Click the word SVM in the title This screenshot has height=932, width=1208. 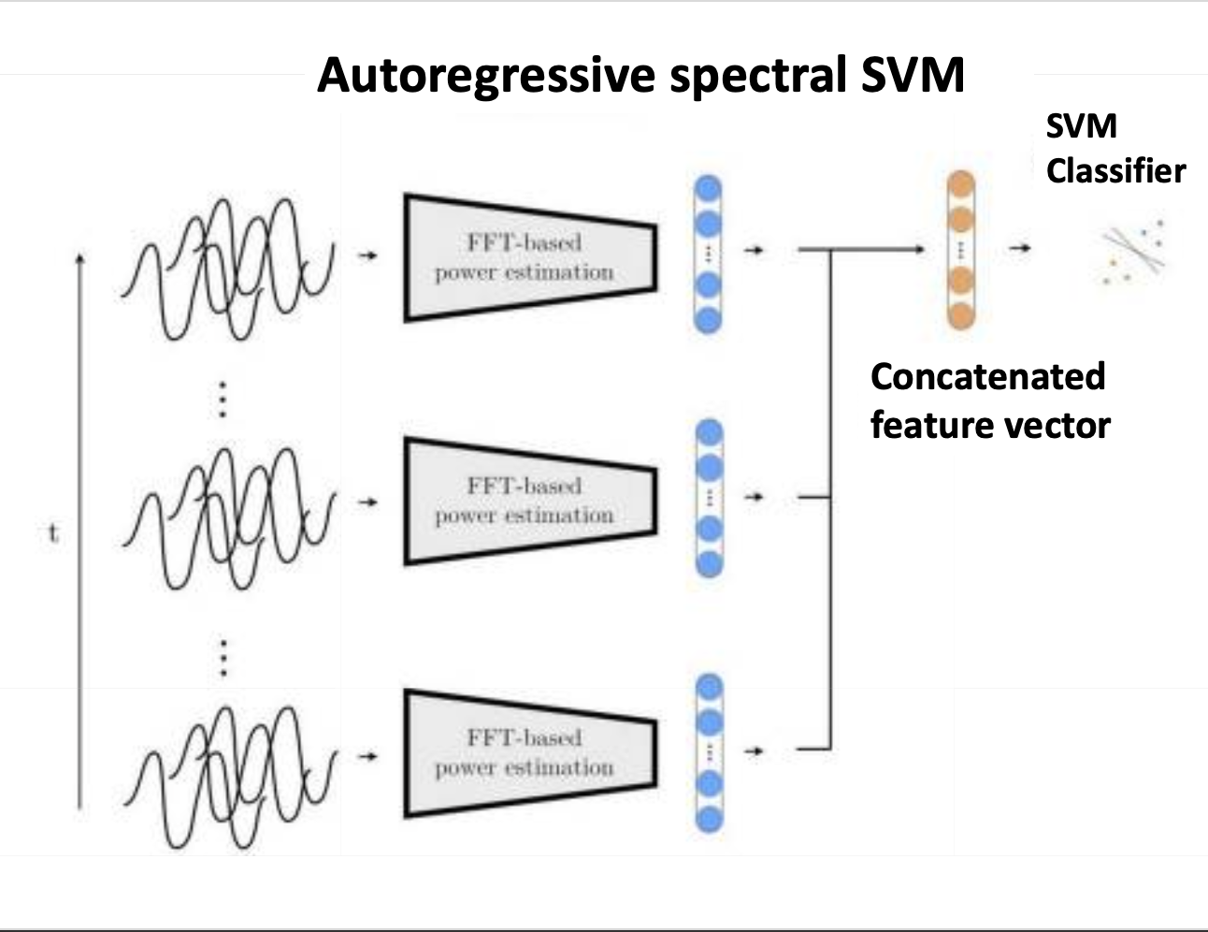pos(913,75)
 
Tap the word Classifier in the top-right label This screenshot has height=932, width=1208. pos(1115,171)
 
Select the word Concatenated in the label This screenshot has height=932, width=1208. pos(987,376)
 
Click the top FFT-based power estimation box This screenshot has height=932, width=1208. pos(528,257)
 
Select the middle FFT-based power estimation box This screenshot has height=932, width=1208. pos(528,501)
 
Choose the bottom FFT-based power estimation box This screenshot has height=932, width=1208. pos(528,753)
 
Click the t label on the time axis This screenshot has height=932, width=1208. pos(53,534)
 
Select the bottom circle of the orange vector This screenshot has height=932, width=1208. pos(960,314)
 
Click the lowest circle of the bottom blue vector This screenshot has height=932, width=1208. pos(710,820)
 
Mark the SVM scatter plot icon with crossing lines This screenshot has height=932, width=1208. pos(1132,250)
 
